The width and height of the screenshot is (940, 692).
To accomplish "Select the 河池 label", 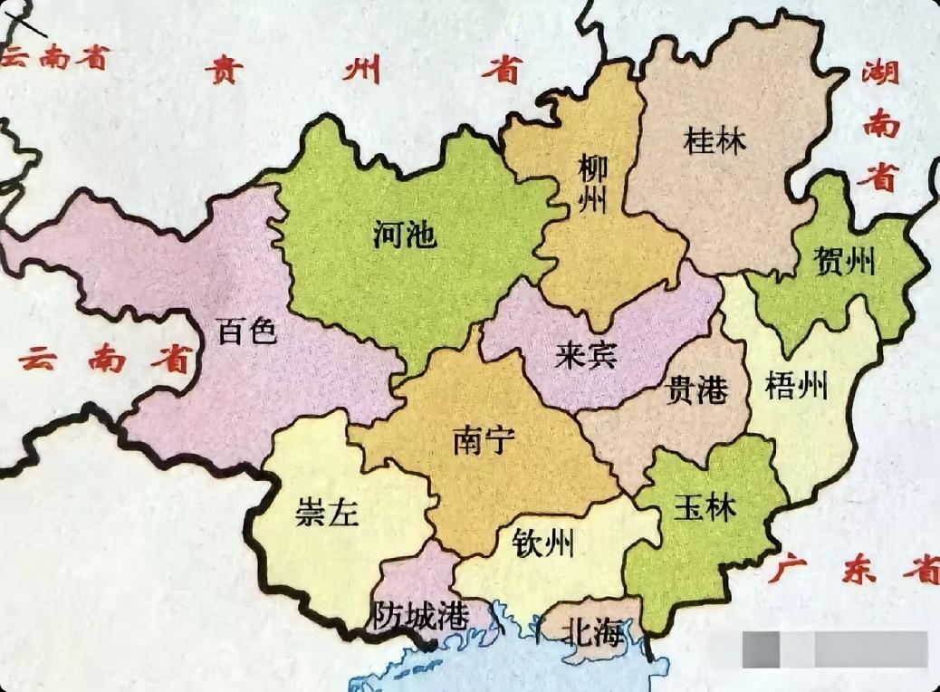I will pyautogui.click(x=405, y=235).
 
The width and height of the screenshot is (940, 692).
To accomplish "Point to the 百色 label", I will pyautogui.click(x=246, y=332).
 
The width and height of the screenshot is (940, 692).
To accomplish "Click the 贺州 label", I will pyautogui.click(x=845, y=263).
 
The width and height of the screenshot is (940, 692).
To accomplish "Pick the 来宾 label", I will pyautogui.click(x=586, y=356).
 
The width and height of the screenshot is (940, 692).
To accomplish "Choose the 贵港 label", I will pyautogui.click(x=696, y=390).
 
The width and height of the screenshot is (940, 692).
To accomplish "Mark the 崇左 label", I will pyautogui.click(x=327, y=513).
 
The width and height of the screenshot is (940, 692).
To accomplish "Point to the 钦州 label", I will pyautogui.click(x=543, y=543).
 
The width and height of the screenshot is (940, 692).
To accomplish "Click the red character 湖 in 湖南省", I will pyautogui.click(x=880, y=71).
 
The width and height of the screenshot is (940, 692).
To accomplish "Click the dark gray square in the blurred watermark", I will pyautogui.click(x=762, y=649).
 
